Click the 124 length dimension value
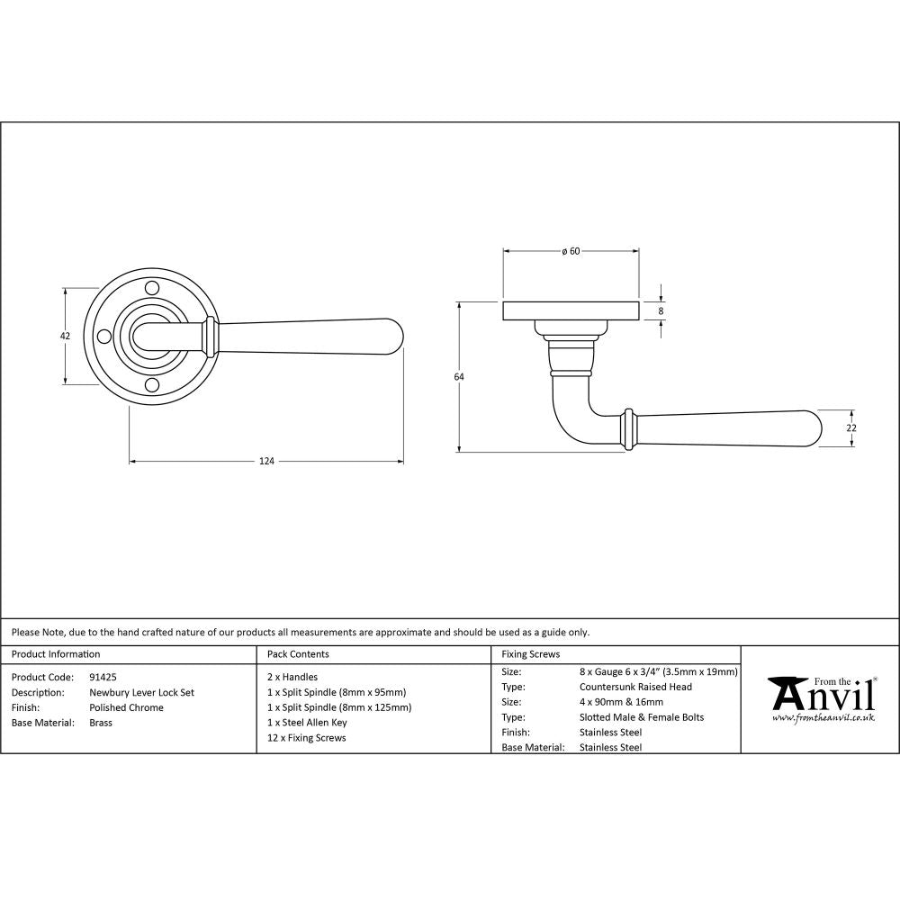[x=266, y=462]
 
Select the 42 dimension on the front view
[x=64, y=336]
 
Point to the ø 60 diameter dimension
[x=570, y=251]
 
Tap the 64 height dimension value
[x=459, y=377]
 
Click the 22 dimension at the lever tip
[x=851, y=428]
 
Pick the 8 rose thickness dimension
[x=661, y=311]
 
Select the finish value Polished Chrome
[x=126, y=707]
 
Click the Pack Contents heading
[x=298, y=654]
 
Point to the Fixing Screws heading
[x=530, y=654]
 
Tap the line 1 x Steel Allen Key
[x=307, y=723]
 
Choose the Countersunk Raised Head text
[x=635, y=687]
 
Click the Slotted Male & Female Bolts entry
[x=642, y=717]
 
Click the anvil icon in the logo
[x=785, y=694]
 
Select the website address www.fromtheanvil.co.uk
[x=823, y=717]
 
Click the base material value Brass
[x=101, y=723]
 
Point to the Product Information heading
[x=56, y=654]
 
